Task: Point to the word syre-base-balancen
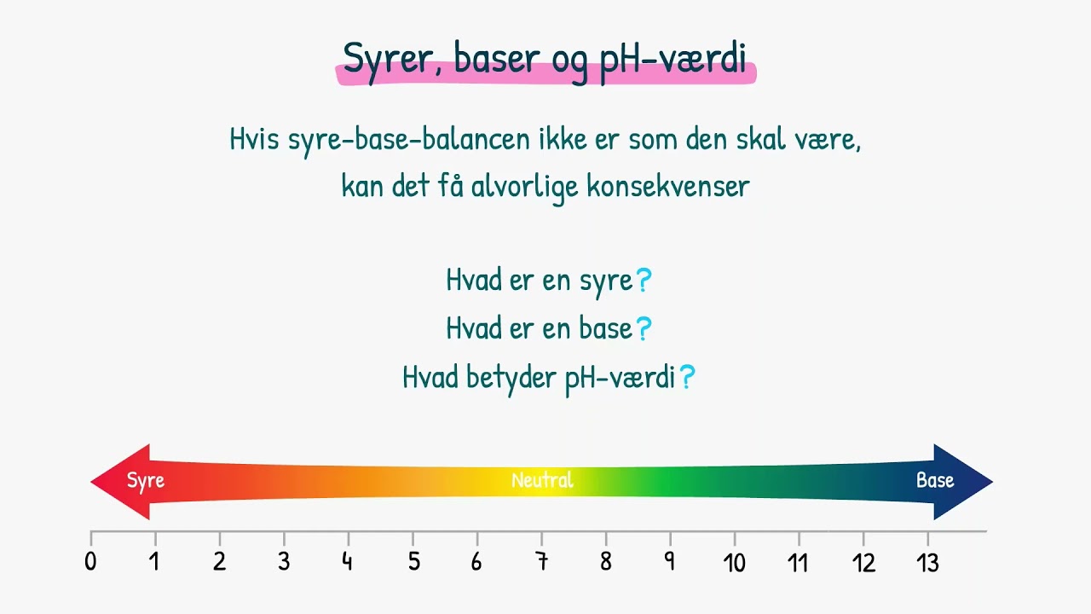[409, 139]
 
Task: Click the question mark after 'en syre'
[644, 280]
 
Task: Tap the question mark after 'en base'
[644, 328]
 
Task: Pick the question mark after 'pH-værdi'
[688, 377]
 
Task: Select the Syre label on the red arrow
[146, 481]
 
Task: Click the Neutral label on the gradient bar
[542, 481]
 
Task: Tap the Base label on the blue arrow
[935, 481]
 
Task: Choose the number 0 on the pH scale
[90, 562]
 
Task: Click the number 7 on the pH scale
[541, 562]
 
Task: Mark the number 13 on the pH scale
[927, 562]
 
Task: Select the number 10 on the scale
[734, 562]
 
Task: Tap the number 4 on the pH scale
[348, 562]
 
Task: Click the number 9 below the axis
[670, 562]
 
